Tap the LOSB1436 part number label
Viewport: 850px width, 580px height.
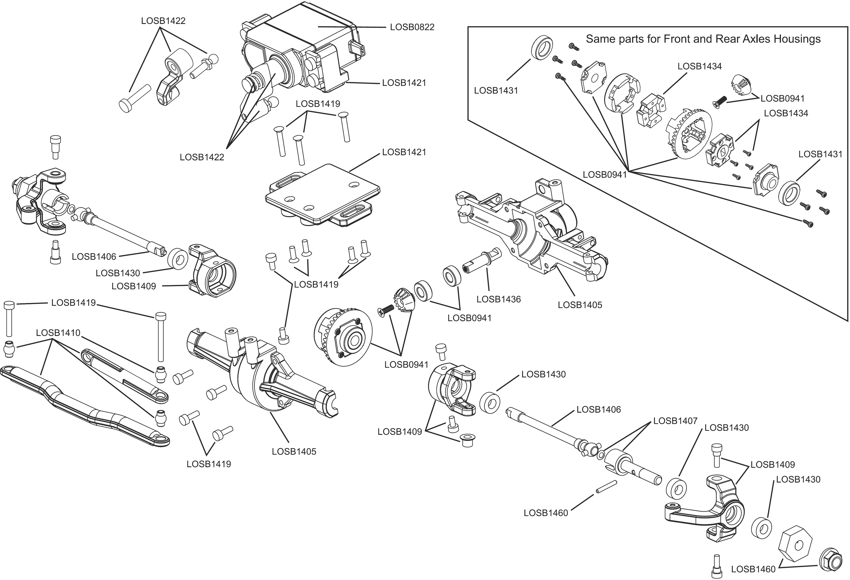(498, 299)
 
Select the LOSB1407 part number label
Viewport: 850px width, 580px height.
(675, 421)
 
